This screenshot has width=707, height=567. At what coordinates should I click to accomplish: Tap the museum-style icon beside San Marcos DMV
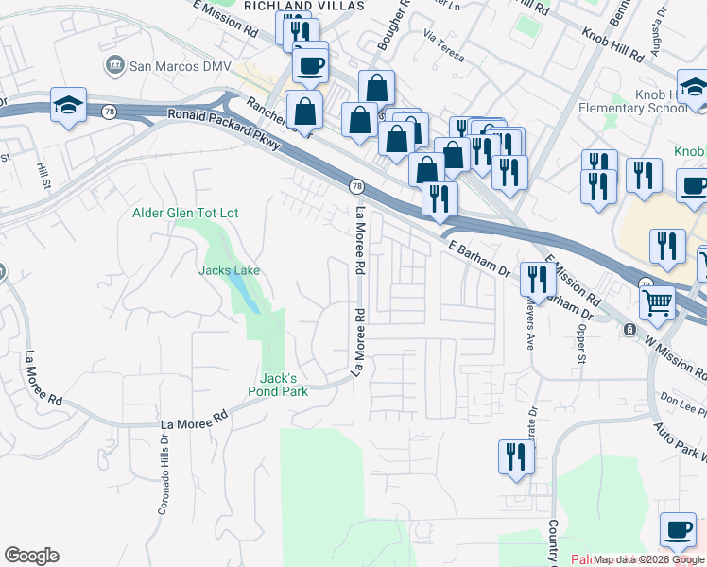coord(114,65)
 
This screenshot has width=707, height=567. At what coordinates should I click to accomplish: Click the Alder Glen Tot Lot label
coord(185,213)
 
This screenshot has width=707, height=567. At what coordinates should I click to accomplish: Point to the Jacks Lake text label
coord(229,270)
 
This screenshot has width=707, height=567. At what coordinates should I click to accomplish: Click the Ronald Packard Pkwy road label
coord(224,129)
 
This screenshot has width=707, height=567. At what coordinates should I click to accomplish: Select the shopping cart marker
coord(657,302)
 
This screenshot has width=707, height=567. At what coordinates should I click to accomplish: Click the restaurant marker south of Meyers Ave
coord(516,456)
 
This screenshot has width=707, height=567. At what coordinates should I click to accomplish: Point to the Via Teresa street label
coord(444,49)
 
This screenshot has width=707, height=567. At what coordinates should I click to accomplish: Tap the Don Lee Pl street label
coord(683,399)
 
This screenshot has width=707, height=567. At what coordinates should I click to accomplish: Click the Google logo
coord(31,556)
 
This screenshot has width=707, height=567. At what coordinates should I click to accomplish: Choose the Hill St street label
coord(43,175)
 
